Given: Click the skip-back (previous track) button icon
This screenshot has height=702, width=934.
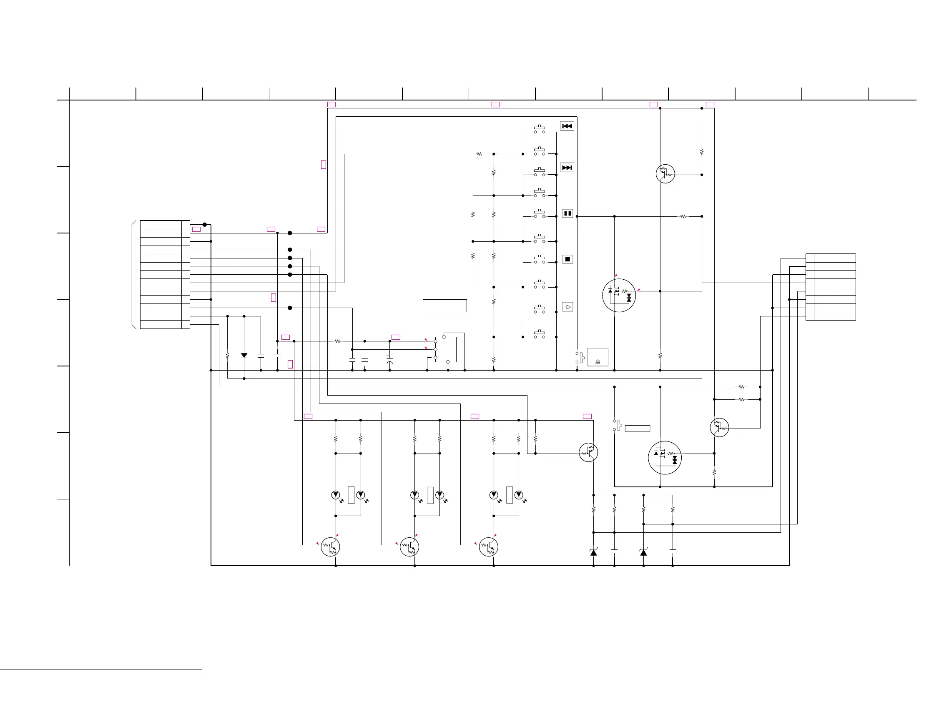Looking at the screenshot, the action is pyautogui.click(x=567, y=126).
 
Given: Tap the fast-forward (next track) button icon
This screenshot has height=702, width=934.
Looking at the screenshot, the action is pyautogui.click(x=567, y=168).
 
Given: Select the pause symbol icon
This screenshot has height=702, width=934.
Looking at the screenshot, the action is pyautogui.click(x=567, y=213).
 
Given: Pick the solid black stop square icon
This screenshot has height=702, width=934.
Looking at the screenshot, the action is pyautogui.click(x=567, y=259).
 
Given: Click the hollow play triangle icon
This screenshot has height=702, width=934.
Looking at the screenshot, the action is pyautogui.click(x=568, y=307).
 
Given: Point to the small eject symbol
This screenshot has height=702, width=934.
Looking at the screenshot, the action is pyautogui.click(x=598, y=362).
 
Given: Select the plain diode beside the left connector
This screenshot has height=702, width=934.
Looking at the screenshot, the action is pyautogui.click(x=244, y=356).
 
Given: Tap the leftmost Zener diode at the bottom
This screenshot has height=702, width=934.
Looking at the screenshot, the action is pyautogui.click(x=593, y=552).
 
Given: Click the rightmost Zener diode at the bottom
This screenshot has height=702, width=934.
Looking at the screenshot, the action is pyautogui.click(x=643, y=552).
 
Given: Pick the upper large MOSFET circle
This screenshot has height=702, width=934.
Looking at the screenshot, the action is pyautogui.click(x=619, y=295).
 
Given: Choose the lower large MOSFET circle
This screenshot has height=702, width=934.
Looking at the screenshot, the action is pyautogui.click(x=665, y=458).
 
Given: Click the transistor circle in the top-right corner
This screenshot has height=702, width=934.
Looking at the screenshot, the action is pyautogui.click(x=665, y=173).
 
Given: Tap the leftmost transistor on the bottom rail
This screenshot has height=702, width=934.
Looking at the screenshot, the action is pyautogui.click(x=330, y=547).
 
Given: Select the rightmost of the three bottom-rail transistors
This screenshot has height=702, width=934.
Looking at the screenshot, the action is pyautogui.click(x=489, y=547).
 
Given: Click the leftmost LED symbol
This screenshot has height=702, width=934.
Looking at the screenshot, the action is pyautogui.click(x=336, y=495).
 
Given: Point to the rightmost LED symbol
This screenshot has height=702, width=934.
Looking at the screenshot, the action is pyautogui.click(x=519, y=495).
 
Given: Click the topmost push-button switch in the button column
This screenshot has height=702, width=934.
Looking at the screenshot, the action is pyautogui.click(x=539, y=129).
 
